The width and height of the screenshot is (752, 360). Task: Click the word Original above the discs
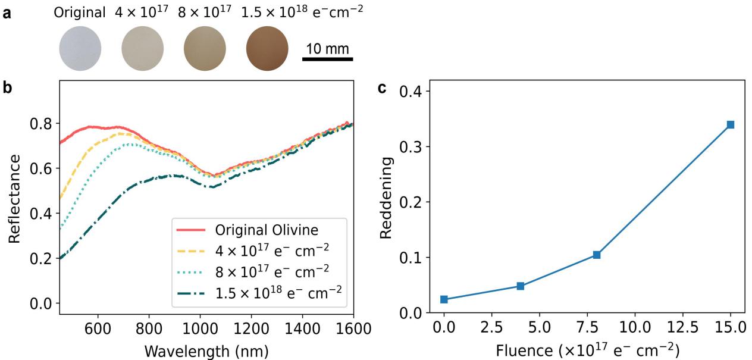79,12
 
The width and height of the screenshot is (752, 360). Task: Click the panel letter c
383,88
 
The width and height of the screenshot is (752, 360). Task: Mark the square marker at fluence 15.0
730,124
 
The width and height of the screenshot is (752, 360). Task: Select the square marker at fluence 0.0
444,299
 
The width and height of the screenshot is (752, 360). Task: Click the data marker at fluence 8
597,255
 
